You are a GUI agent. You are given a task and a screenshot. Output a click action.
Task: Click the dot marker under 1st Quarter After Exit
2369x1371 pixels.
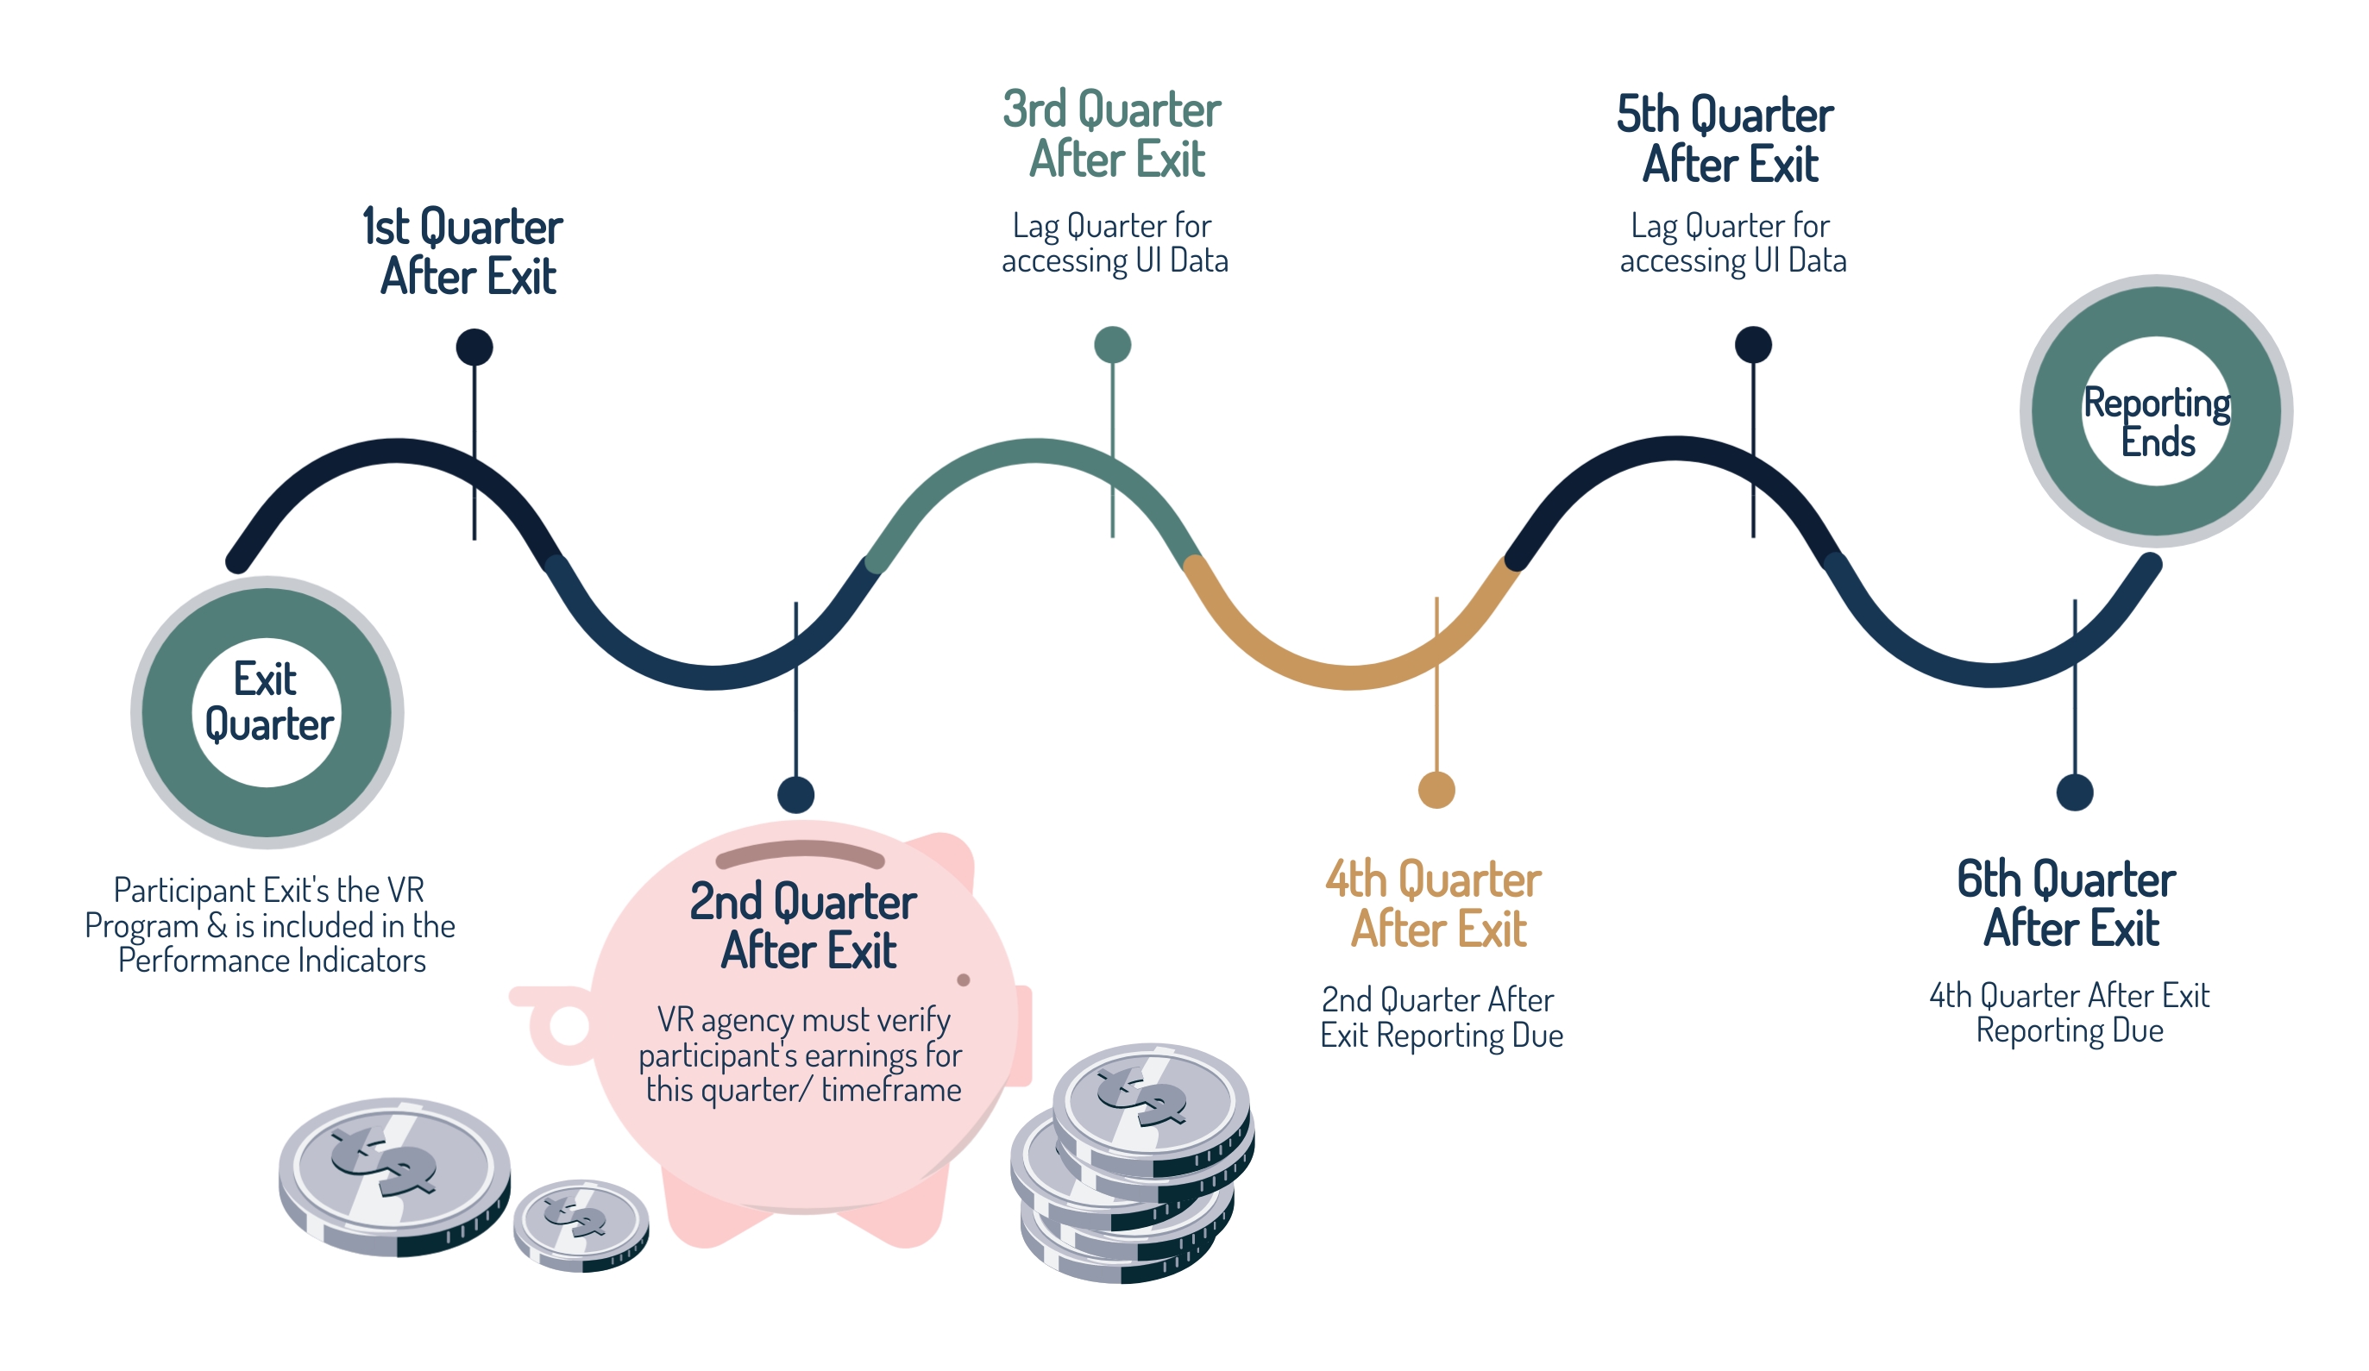[x=474, y=347]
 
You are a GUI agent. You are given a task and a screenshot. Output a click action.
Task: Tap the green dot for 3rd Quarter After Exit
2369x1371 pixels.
[x=1113, y=345]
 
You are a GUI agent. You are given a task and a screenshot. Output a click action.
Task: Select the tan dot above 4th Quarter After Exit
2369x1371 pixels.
[x=1436, y=789]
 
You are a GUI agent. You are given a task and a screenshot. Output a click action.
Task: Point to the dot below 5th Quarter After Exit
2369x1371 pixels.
[x=1753, y=345]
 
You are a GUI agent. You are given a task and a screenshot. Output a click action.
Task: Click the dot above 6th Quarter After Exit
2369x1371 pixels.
[x=2075, y=792]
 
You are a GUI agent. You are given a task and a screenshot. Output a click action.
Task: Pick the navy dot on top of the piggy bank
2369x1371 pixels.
[x=796, y=795]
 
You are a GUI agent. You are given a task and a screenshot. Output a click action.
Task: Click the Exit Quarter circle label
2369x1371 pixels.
[x=268, y=702]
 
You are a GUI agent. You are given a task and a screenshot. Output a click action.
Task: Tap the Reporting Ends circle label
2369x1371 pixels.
[x=2158, y=422]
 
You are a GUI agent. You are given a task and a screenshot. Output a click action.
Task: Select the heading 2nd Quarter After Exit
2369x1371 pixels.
[x=804, y=925]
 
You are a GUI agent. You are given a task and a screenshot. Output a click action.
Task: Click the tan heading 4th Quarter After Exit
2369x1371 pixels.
[x=1434, y=904]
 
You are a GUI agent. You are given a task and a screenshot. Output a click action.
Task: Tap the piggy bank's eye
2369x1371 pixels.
[x=964, y=980]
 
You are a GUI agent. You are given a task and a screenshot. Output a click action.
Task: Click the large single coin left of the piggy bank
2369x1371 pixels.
[x=395, y=1176]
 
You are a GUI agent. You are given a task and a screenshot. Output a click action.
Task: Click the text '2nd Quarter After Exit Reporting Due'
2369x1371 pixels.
[x=1442, y=1017]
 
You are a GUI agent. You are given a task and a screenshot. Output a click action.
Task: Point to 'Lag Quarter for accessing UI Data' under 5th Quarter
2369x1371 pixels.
[x=1733, y=242]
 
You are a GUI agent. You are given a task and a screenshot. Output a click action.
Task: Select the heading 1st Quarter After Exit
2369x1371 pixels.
[x=463, y=252]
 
